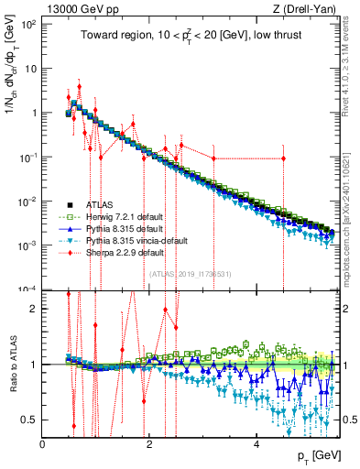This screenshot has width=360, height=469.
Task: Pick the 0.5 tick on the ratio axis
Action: [x=31, y=420]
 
